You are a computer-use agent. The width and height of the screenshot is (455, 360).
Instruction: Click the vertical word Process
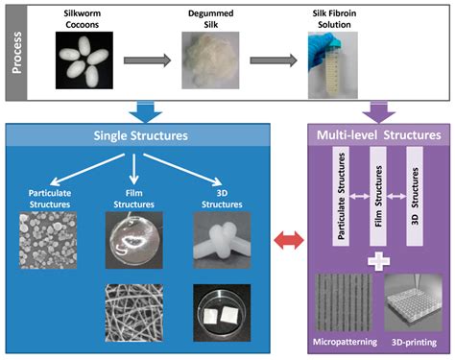tap(16, 53)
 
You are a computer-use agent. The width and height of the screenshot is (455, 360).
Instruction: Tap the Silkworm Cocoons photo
tap(84, 60)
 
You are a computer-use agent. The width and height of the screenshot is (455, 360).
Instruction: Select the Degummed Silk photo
tap(210, 60)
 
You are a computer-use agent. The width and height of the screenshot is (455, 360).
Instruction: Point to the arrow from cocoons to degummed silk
tap(147, 60)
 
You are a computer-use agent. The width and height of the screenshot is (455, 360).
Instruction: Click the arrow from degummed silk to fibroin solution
tap(274, 60)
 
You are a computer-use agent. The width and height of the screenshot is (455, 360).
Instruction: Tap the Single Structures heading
tap(140, 135)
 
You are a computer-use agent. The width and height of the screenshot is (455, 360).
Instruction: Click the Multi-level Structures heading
tap(379, 135)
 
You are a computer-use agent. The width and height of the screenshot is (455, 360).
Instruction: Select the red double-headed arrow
tap(290, 240)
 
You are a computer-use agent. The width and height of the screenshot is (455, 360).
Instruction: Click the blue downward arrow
tap(146, 112)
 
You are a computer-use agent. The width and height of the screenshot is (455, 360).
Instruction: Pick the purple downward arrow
tap(379, 112)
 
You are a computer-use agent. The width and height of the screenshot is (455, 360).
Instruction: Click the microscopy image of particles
tap(48, 240)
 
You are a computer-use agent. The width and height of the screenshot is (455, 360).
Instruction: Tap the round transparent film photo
tap(134, 240)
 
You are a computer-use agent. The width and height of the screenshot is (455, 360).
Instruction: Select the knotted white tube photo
tap(222, 240)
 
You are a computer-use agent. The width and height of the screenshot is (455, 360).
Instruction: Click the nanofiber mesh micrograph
tap(134, 313)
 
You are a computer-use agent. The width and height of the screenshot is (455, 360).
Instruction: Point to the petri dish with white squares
tap(222, 313)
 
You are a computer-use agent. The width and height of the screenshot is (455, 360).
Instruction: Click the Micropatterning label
tap(345, 342)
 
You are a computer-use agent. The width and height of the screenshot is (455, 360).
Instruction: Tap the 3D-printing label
tap(414, 343)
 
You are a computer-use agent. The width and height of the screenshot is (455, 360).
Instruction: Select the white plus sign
tap(379, 261)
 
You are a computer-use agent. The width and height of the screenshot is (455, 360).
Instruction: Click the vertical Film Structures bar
tap(378, 196)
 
